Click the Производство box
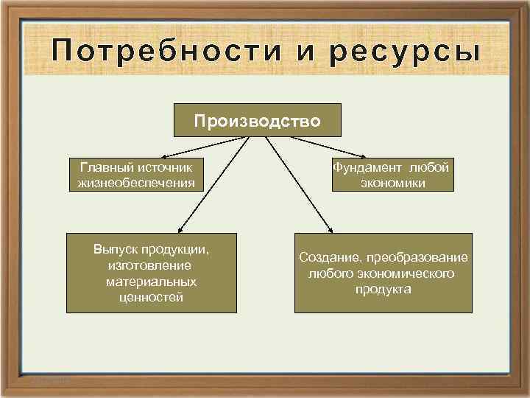(x=258, y=120)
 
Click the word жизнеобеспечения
(x=136, y=182)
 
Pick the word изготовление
(x=149, y=265)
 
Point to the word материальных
(x=151, y=282)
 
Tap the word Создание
(x=328, y=258)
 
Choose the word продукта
(x=383, y=289)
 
